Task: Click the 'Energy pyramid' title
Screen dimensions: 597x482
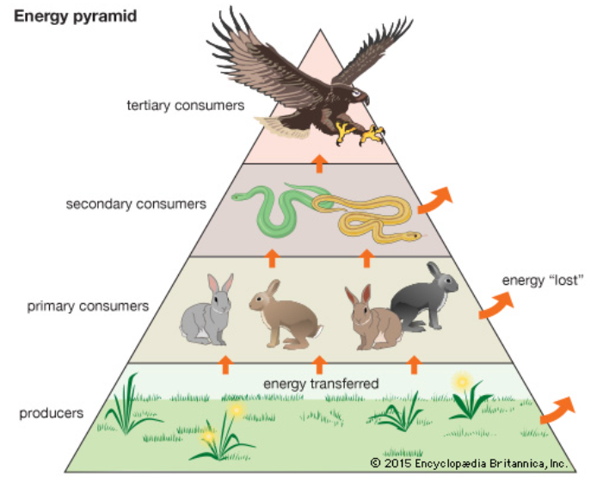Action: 75,17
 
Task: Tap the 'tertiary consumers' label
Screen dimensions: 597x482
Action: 186,105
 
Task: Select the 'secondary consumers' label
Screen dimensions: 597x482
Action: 136,204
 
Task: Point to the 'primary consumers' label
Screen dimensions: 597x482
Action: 88,306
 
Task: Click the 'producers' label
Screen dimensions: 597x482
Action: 52,413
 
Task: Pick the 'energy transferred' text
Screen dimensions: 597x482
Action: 321,384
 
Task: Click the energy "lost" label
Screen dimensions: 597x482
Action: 543,281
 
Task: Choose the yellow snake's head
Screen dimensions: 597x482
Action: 414,236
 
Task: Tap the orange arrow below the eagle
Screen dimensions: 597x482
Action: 320,163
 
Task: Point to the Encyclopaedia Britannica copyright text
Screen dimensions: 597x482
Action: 469,463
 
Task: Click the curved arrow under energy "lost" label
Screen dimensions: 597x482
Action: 495,306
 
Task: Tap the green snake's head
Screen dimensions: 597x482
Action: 237,196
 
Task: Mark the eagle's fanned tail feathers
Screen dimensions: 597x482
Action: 282,127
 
